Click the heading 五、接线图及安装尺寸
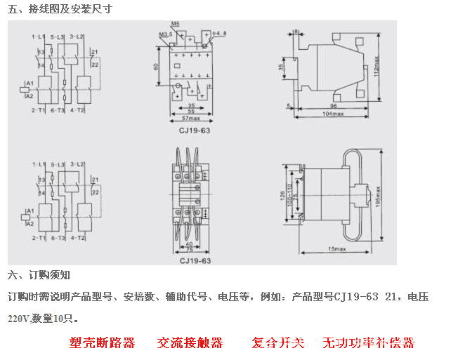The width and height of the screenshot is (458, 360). (x=59, y=9)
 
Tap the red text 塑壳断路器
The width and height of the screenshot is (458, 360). (x=102, y=343)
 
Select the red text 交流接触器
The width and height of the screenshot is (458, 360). (x=190, y=343)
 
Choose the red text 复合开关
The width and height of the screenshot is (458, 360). (x=278, y=343)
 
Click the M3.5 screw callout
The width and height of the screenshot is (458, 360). (x=165, y=34)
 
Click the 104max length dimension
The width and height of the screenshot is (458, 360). (x=333, y=113)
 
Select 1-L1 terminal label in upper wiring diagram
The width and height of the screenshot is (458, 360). (x=38, y=35)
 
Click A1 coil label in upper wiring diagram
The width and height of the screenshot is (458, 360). (x=29, y=83)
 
